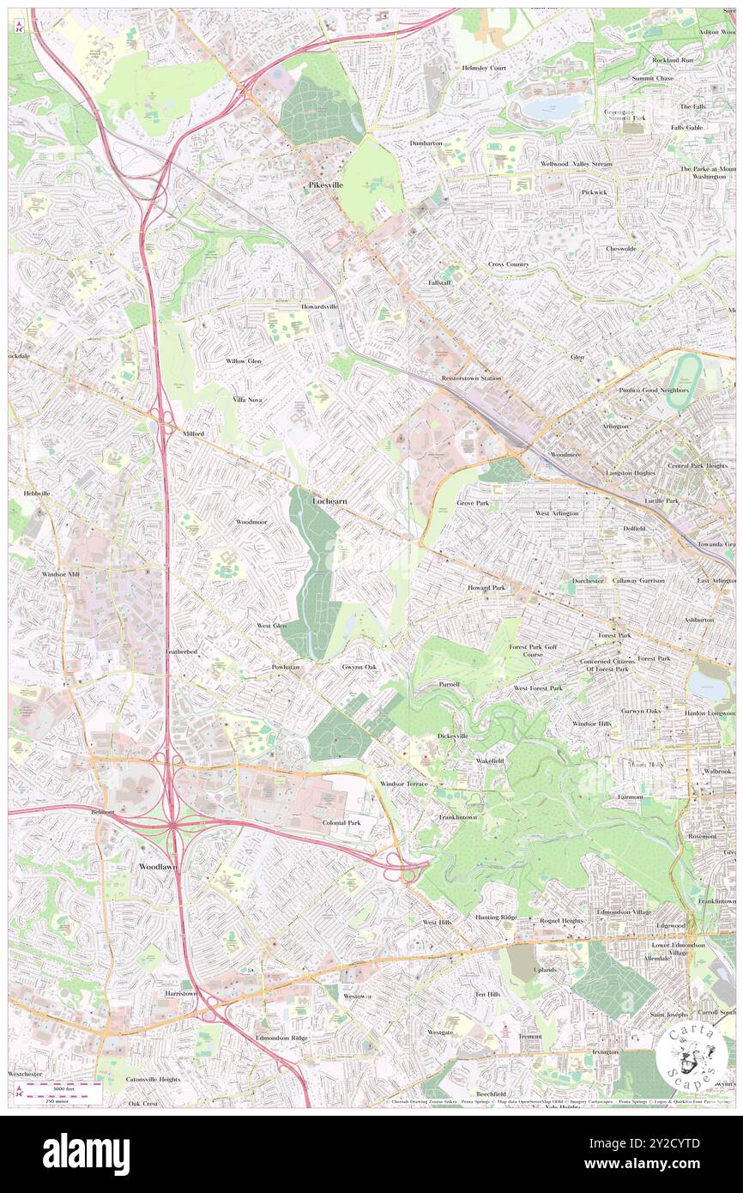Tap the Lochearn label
(x=329, y=500)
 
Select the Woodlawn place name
(x=159, y=867)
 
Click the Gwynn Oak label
(x=359, y=667)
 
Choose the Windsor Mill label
(x=60, y=572)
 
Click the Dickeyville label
(x=452, y=736)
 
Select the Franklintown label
(x=458, y=817)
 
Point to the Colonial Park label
(x=341, y=822)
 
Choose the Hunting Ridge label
(x=496, y=917)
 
